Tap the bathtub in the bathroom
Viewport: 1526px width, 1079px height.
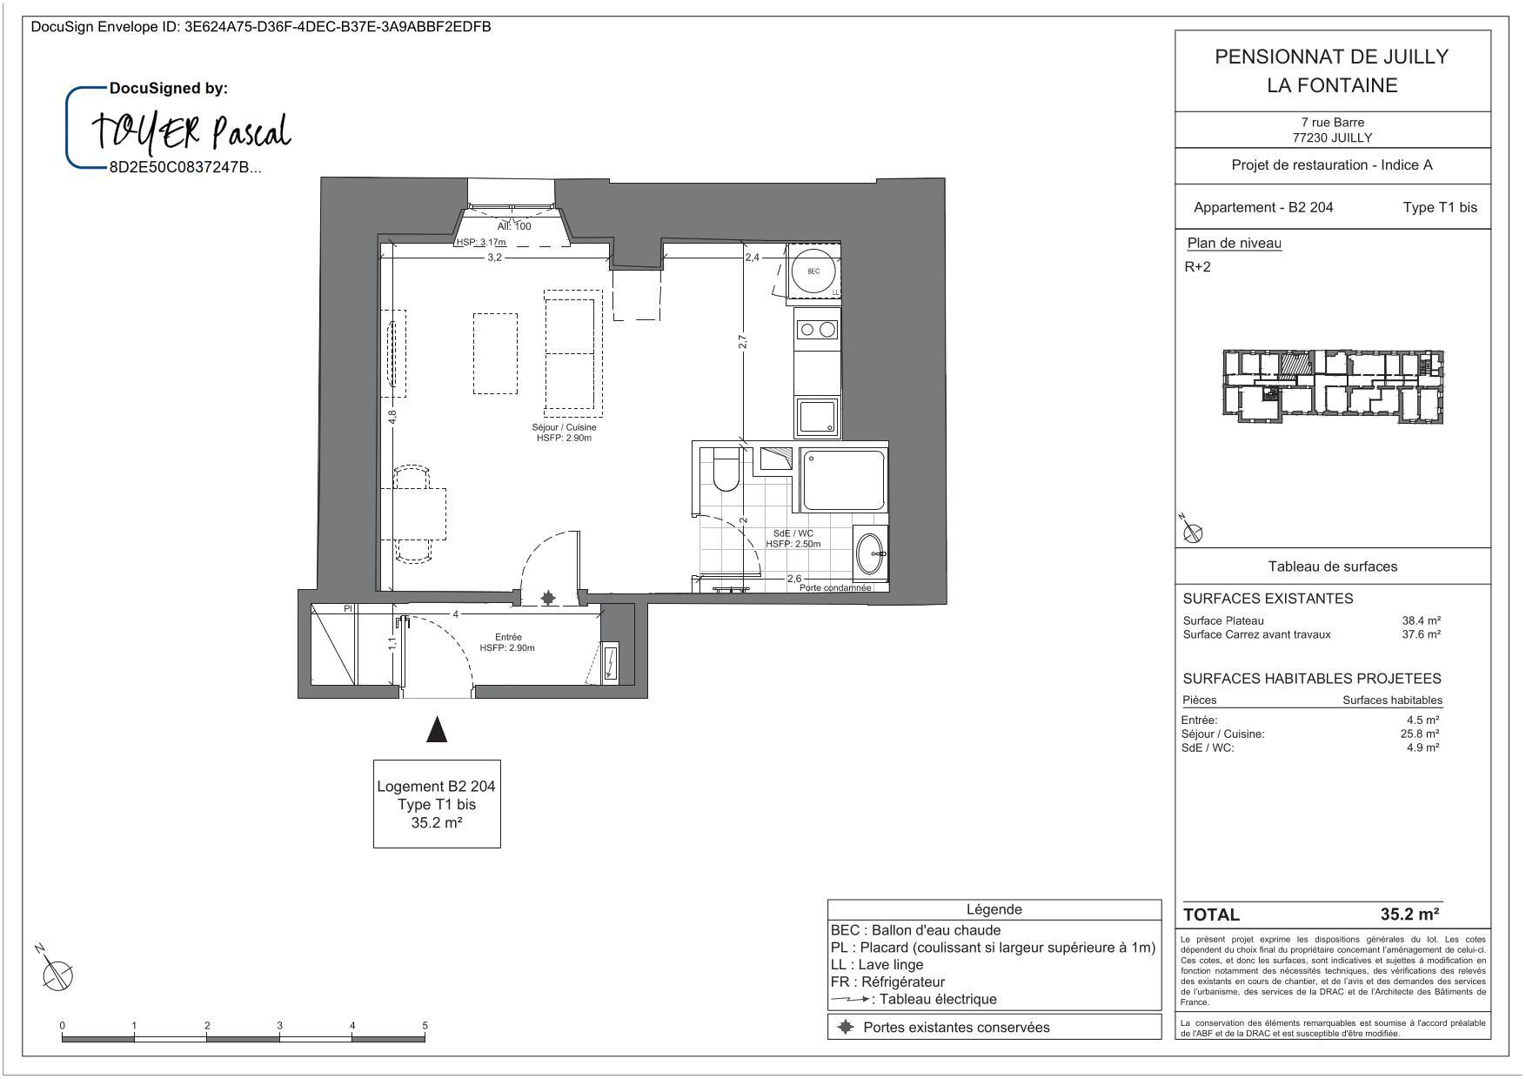click(x=843, y=479)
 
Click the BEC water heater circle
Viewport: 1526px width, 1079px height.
click(x=813, y=271)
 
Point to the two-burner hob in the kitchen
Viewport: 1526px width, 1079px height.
click(x=817, y=329)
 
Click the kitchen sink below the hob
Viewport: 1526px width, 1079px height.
click(x=817, y=418)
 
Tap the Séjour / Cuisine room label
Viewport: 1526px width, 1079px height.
click(x=564, y=432)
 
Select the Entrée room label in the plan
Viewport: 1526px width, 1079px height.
click(x=507, y=642)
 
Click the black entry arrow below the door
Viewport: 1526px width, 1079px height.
click(x=437, y=729)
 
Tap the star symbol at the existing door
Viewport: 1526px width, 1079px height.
click(x=548, y=598)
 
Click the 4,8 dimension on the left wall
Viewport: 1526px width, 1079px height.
click(x=392, y=417)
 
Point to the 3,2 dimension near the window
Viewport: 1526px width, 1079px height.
click(x=494, y=258)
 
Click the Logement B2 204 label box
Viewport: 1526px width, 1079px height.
click(x=437, y=803)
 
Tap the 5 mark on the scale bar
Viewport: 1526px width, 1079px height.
click(x=425, y=1026)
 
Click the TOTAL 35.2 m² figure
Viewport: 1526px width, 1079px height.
click(x=1409, y=915)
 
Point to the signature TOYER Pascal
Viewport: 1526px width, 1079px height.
click(x=191, y=132)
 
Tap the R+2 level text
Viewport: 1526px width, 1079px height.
click(x=1197, y=267)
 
